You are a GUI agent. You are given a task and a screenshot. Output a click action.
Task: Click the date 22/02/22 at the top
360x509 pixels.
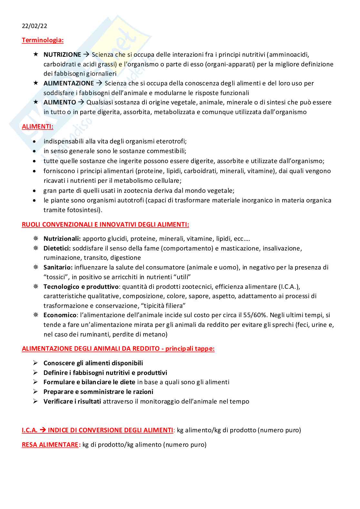tap(35, 26)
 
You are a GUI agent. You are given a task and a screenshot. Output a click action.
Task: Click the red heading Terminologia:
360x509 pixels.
tap(43, 40)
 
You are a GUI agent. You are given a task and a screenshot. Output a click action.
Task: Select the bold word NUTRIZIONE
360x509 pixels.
tap(62, 55)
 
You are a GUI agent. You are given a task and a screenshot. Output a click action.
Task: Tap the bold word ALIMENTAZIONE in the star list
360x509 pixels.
tap(69, 83)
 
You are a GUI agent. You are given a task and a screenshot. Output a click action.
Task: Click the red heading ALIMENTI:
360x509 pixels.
tap(37, 127)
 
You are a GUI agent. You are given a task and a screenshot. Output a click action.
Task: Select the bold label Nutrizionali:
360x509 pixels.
tap(62, 239)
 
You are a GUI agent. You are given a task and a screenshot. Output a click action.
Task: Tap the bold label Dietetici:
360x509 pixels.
tap(57, 249)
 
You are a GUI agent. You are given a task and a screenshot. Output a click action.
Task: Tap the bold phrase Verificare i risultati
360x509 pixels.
tap(72, 402)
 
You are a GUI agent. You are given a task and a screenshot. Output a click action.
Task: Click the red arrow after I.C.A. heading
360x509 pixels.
tap(43, 430)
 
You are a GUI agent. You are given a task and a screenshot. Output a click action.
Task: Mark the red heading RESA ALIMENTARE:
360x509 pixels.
tap(51, 445)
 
